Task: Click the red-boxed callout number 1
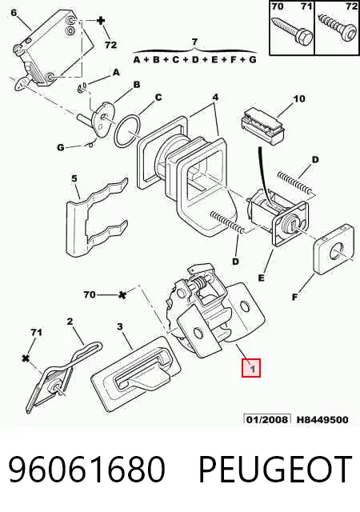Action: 251,368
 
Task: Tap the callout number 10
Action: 299,98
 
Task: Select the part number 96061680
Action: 86,470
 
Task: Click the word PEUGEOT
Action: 275,470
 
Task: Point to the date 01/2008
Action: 267,419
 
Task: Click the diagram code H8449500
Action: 322,419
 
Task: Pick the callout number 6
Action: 14,13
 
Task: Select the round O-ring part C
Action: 128,130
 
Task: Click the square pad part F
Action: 334,249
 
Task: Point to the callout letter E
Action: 261,278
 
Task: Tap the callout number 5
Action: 74,178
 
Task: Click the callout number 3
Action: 120,326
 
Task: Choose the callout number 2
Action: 70,322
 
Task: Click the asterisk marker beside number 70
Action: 122,295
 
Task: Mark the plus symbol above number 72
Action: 101,22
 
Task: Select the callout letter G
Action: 61,147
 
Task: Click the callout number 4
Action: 215,98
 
